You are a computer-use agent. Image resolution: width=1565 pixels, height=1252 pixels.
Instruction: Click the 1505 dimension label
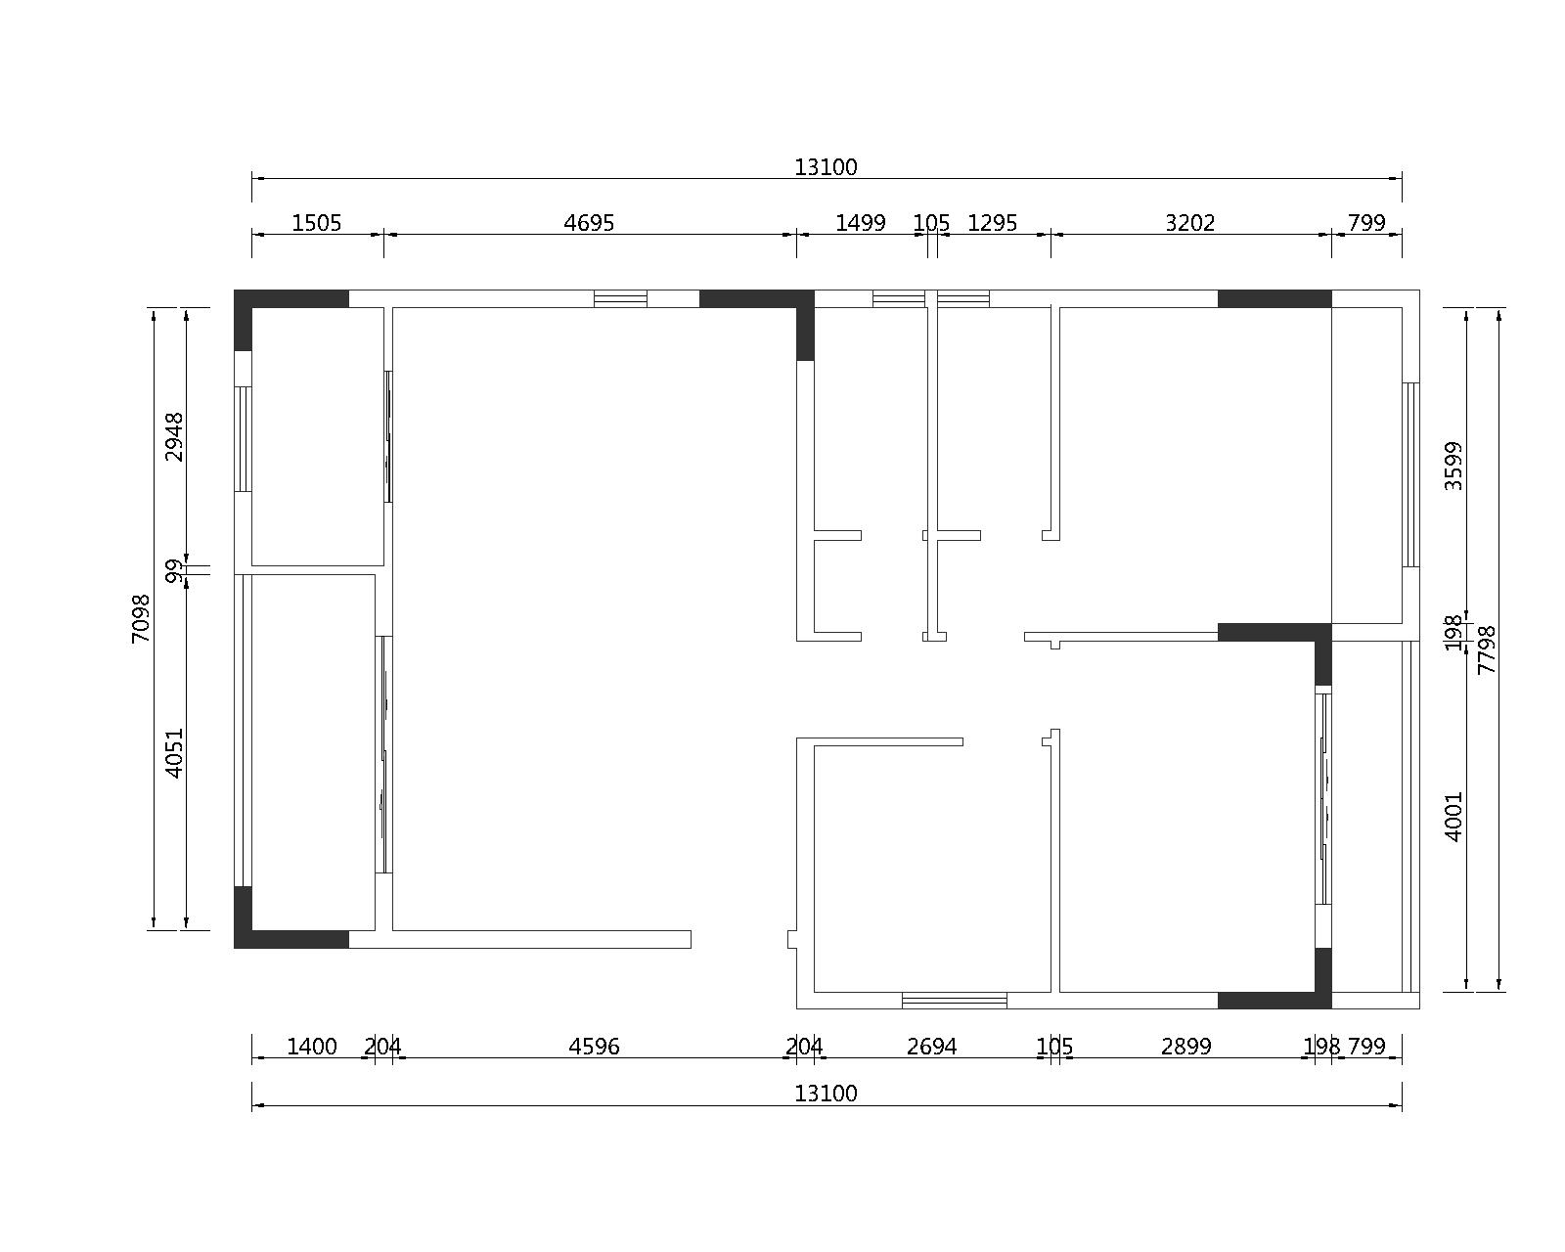[316, 223]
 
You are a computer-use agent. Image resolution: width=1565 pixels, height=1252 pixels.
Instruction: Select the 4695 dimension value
[589, 223]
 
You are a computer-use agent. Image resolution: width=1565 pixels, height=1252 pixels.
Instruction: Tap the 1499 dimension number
[861, 223]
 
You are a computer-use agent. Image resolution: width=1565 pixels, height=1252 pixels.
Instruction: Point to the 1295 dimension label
[992, 223]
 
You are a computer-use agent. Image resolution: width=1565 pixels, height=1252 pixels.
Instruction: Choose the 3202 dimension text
[1189, 223]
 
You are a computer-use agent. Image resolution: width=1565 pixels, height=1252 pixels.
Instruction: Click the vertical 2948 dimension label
[174, 436]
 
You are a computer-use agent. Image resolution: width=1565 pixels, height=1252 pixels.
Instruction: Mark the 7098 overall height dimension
[141, 618]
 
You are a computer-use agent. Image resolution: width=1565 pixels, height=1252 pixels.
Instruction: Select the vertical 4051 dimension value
[174, 753]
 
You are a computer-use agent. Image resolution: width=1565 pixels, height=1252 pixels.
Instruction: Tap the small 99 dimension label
[174, 571]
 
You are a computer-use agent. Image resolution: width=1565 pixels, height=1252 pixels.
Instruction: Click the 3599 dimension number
[1453, 466]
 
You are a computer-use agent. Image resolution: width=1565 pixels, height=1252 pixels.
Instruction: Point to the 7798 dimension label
[1487, 649]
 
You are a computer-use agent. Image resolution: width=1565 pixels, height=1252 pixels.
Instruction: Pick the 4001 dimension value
[1453, 817]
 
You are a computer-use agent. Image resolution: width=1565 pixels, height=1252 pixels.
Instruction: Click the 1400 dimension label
[312, 1047]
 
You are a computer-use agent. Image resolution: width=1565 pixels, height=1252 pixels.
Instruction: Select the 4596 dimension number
[594, 1047]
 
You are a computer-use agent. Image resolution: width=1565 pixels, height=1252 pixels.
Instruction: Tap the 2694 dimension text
[931, 1047]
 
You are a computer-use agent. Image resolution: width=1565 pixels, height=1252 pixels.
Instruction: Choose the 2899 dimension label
[1186, 1047]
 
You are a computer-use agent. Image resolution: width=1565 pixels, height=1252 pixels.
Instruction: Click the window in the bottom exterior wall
[954, 1001]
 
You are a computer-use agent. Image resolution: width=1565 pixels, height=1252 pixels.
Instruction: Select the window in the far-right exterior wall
[1410, 474]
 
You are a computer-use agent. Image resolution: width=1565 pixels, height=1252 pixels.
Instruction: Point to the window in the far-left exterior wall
[243, 438]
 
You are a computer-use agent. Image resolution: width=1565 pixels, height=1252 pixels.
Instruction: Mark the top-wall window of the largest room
[620, 299]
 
